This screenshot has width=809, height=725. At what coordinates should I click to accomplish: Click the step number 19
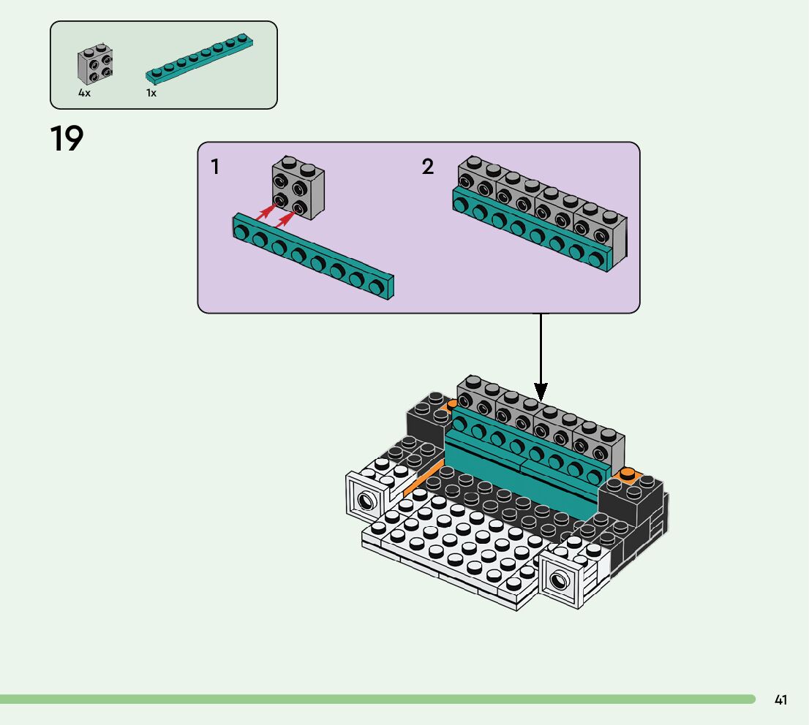point(67,139)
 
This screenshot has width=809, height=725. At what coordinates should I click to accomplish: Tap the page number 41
point(780,700)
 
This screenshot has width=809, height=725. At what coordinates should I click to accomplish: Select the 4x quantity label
point(85,94)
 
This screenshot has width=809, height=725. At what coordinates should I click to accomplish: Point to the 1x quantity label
point(151,94)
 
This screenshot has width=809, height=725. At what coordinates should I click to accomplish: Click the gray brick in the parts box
point(94,67)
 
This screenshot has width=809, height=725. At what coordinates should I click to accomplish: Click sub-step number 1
point(215,167)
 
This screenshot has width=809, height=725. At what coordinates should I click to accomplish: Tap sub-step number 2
point(428,167)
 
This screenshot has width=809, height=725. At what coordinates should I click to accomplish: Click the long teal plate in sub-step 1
point(313,257)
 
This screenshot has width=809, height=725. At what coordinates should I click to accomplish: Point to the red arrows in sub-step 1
point(278,214)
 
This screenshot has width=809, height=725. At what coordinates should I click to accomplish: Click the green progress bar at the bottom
point(377,699)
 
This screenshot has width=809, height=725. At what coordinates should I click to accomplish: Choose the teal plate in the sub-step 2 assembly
point(530,234)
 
